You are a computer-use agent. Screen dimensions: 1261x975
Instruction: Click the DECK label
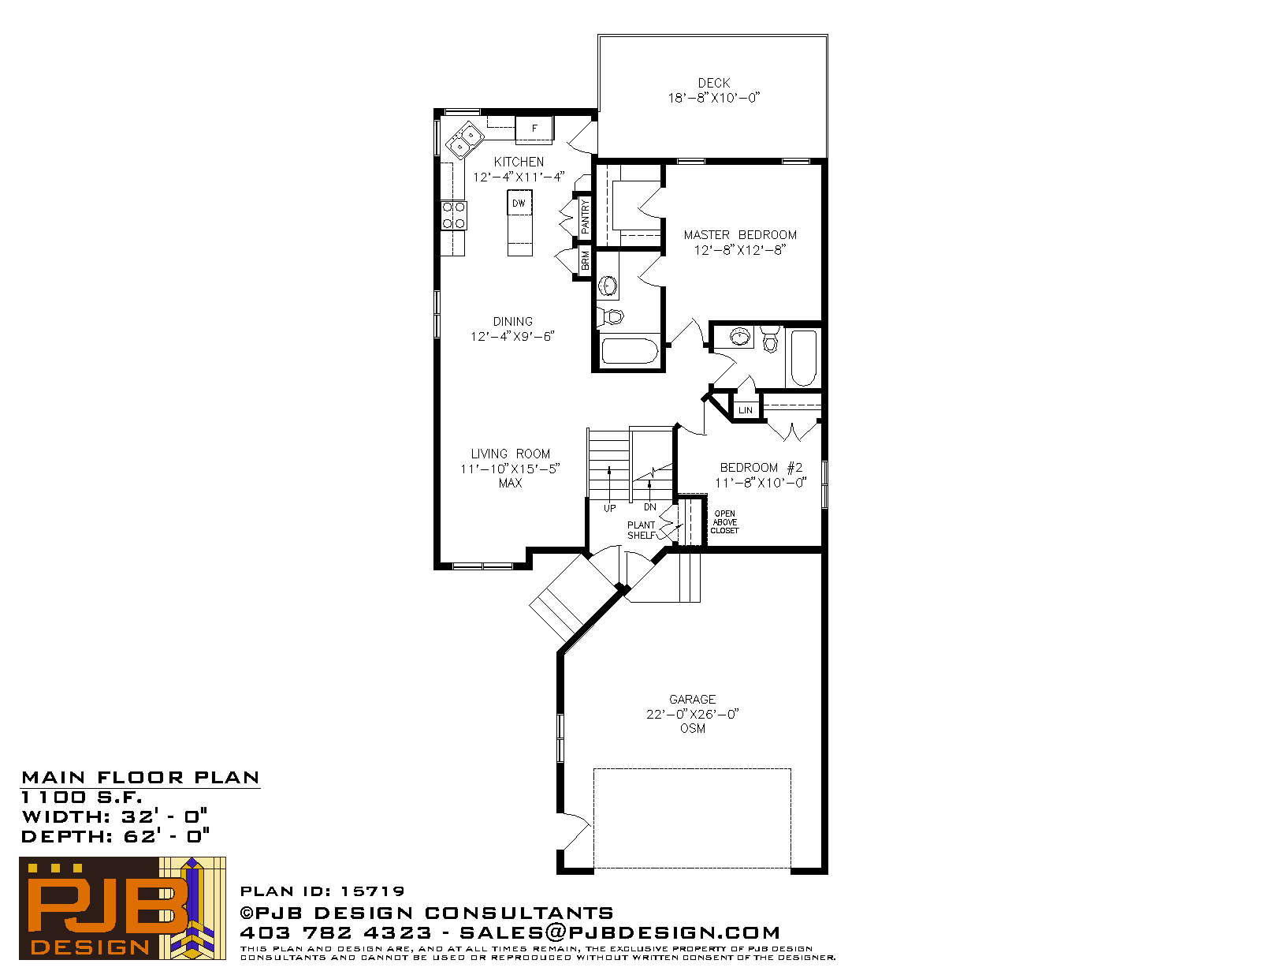pos(714,83)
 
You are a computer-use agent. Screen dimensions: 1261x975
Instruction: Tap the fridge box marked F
pos(534,129)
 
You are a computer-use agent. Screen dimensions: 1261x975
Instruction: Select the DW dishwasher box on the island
pos(519,203)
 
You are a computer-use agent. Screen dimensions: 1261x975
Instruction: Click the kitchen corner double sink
pos(464,140)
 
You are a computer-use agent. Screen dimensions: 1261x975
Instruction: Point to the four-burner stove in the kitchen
pos(454,215)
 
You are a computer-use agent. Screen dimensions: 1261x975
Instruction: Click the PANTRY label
pos(585,216)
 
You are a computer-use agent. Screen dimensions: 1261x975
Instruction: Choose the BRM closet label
pos(585,261)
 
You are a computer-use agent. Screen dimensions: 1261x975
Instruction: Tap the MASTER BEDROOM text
pos(740,234)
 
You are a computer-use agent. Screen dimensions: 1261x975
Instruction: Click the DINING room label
pos(512,321)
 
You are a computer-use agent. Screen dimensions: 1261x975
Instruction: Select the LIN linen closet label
pos(745,410)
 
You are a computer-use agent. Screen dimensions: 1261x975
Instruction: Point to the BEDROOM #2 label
pos(761,468)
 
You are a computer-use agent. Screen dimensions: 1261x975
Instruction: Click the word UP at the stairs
pos(609,508)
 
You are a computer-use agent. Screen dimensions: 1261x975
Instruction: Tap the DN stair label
pos(650,507)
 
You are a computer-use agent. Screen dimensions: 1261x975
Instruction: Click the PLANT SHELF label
pos(642,530)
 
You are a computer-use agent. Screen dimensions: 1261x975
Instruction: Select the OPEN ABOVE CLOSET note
pos(725,522)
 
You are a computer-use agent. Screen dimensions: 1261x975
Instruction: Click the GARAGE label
pos(692,699)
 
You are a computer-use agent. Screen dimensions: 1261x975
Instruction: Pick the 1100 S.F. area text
pos(81,797)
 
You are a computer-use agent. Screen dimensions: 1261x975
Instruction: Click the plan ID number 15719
pos(372,891)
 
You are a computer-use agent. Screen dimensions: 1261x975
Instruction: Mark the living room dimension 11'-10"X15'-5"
pos(510,469)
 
